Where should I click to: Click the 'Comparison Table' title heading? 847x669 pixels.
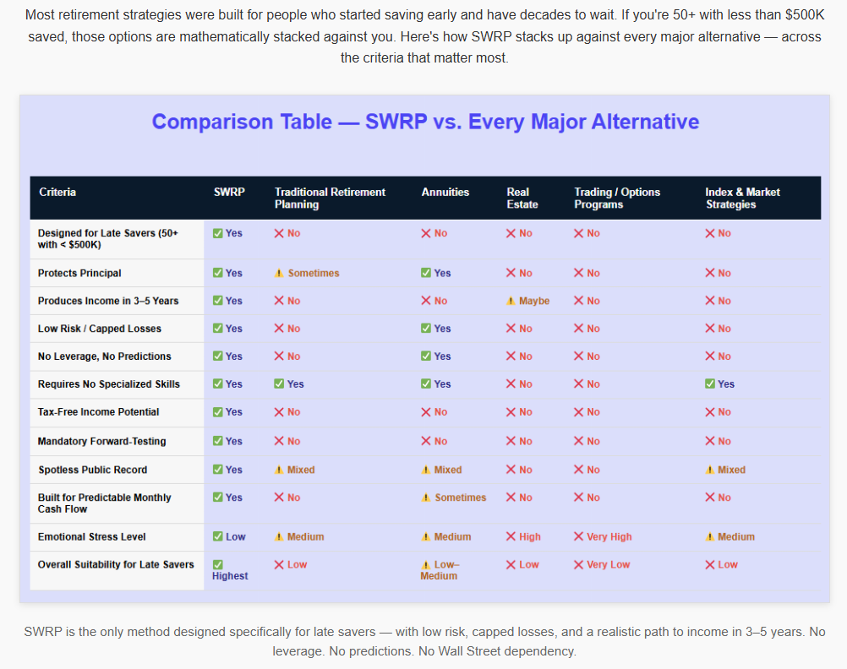tap(425, 122)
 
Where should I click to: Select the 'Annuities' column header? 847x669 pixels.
tap(445, 193)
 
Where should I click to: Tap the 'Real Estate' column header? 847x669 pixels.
tap(522, 199)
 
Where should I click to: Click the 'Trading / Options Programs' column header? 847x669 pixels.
tap(617, 199)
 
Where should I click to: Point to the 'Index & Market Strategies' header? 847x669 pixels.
tap(743, 199)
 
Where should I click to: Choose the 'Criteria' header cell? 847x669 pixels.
tap(57, 193)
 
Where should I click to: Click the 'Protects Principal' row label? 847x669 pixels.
tap(79, 274)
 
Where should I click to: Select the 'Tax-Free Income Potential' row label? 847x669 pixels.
tap(98, 412)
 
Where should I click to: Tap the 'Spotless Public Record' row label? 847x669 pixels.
tap(92, 470)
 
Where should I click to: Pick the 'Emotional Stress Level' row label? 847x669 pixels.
tap(92, 537)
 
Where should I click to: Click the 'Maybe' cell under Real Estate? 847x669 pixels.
tap(528, 302)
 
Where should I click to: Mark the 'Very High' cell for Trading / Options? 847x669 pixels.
tap(603, 537)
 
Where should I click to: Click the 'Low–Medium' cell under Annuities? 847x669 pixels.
tap(440, 570)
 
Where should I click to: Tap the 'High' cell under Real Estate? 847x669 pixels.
tap(523, 537)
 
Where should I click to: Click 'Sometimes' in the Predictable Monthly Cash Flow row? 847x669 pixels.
tap(454, 498)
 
